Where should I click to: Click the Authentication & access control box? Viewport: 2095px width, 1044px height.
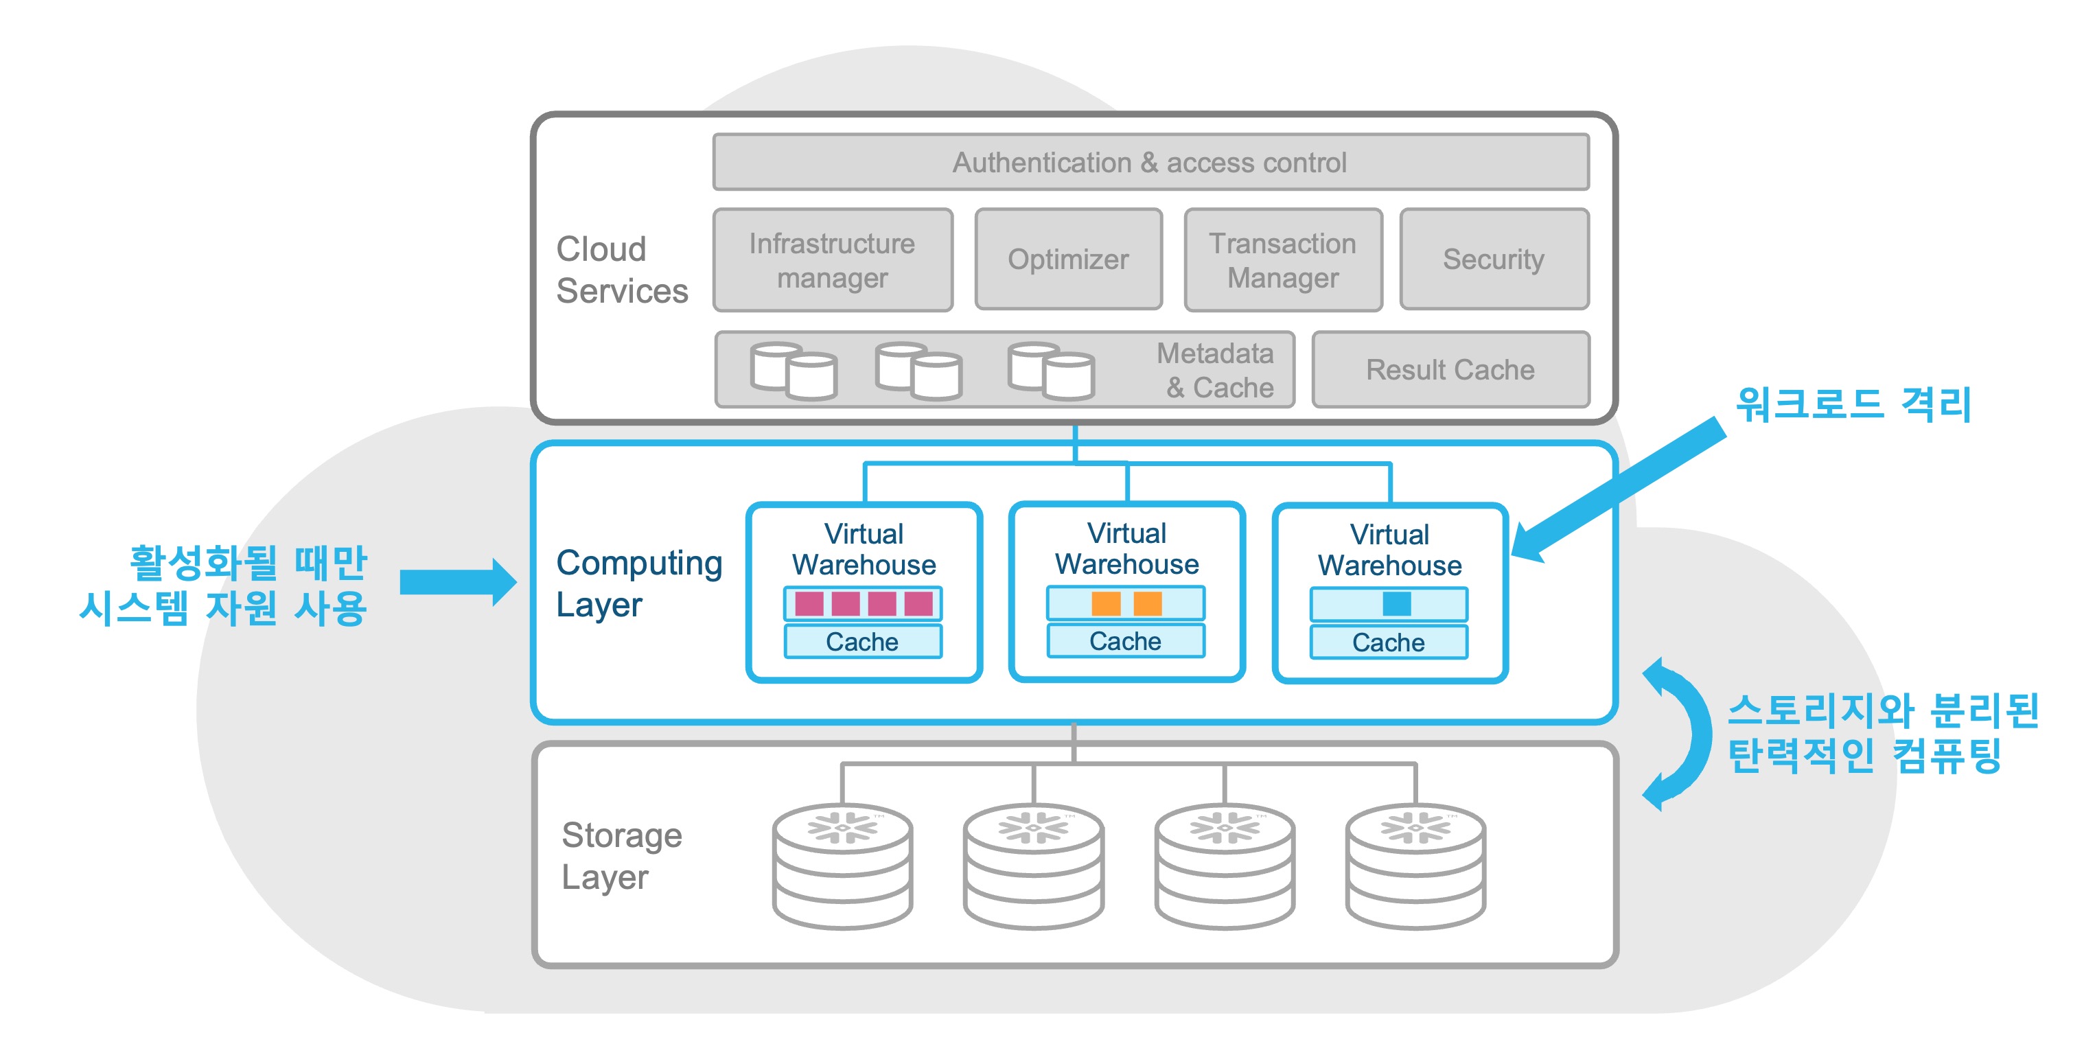coord(1150,163)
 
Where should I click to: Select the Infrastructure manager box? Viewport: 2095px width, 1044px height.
coord(832,260)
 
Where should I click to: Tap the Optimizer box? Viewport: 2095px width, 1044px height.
coord(1068,259)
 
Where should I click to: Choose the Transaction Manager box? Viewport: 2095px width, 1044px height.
coord(1282,260)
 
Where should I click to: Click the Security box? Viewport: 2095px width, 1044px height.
coord(1493,259)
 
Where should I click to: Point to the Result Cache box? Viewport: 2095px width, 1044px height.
coord(1450,370)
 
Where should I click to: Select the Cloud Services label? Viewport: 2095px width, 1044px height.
coord(622,270)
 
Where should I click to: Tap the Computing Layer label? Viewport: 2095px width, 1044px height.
coord(638,583)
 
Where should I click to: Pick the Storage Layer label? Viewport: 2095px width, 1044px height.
coord(622,855)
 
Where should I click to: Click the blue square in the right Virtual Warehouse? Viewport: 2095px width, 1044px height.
coord(1396,604)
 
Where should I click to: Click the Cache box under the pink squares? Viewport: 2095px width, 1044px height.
coord(863,642)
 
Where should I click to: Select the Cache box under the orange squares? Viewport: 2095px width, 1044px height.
coord(1126,640)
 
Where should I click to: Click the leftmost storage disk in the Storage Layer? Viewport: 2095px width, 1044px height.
coord(842,866)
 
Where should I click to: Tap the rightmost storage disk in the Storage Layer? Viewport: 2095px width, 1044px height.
coord(1415,866)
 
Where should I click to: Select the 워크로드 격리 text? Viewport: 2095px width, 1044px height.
coord(1853,405)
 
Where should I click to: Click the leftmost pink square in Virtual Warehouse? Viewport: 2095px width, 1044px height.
coord(809,604)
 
